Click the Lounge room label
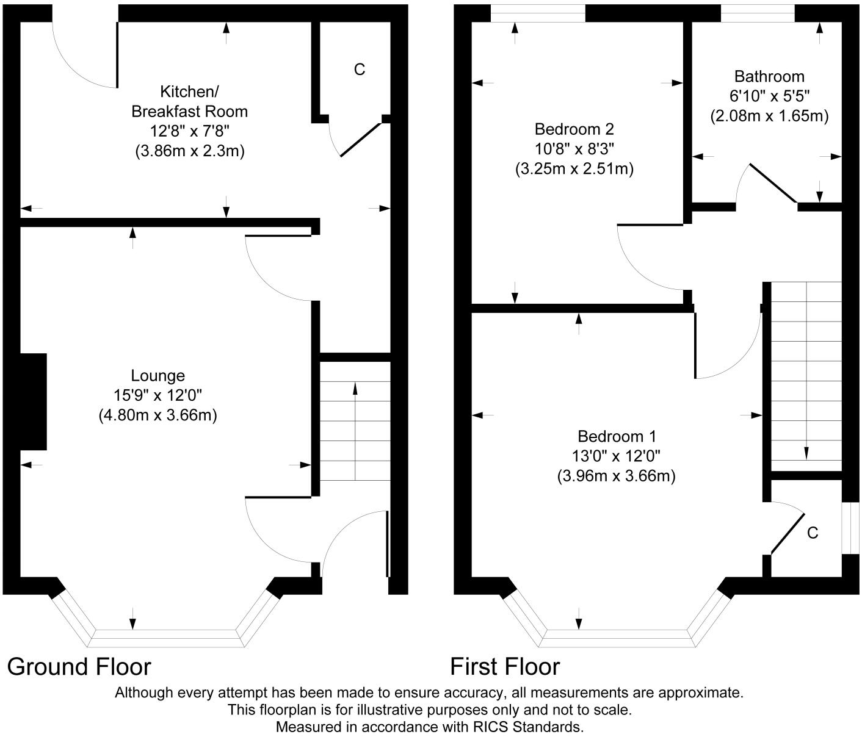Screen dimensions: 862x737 click(x=158, y=376)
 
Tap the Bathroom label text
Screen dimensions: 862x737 click(x=769, y=76)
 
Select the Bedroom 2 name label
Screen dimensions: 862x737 click(x=574, y=129)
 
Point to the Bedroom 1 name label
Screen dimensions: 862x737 click(x=617, y=436)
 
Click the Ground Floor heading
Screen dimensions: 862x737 click(x=79, y=667)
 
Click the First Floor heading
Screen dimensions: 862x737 click(x=505, y=667)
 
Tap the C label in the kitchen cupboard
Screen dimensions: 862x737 click(x=360, y=69)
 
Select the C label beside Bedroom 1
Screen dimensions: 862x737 click(x=813, y=533)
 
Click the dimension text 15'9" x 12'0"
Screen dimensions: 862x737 click(x=158, y=395)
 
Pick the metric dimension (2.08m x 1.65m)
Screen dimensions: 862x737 click(x=769, y=116)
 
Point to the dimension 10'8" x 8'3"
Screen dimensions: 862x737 click(x=574, y=149)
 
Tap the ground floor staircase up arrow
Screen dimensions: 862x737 click(x=355, y=431)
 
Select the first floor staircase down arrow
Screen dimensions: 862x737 click(x=806, y=370)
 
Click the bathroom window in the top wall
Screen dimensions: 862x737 click(x=758, y=13)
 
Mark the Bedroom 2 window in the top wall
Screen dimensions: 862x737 click(x=538, y=13)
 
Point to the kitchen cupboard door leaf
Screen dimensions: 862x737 click(x=361, y=139)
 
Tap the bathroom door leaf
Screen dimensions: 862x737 click(x=774, y=183)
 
